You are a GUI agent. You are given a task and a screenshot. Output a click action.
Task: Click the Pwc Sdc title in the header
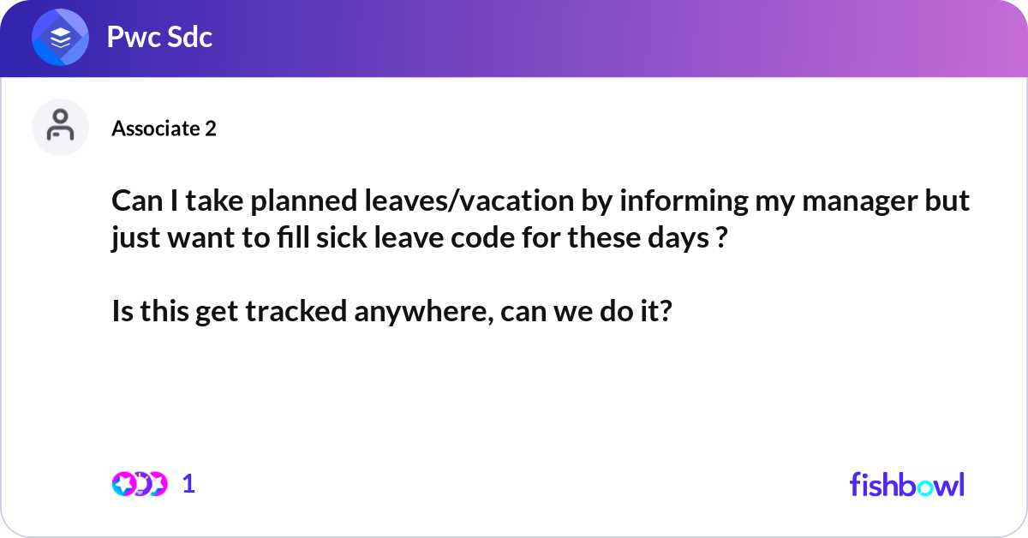coord(159,37)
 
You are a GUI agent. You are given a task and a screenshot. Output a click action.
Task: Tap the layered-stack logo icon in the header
coord(61,37)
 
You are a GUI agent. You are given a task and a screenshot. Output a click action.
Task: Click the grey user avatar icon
coord(61,127)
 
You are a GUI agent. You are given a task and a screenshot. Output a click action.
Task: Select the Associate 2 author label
coord(164,129)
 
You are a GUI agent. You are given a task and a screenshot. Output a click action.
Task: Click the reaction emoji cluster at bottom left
coord(139,484)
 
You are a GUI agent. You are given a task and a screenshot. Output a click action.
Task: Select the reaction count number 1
coord(189,484)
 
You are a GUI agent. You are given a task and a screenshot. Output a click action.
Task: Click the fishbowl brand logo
coord(906,484)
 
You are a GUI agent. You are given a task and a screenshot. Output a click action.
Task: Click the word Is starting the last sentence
coord(122,312)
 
